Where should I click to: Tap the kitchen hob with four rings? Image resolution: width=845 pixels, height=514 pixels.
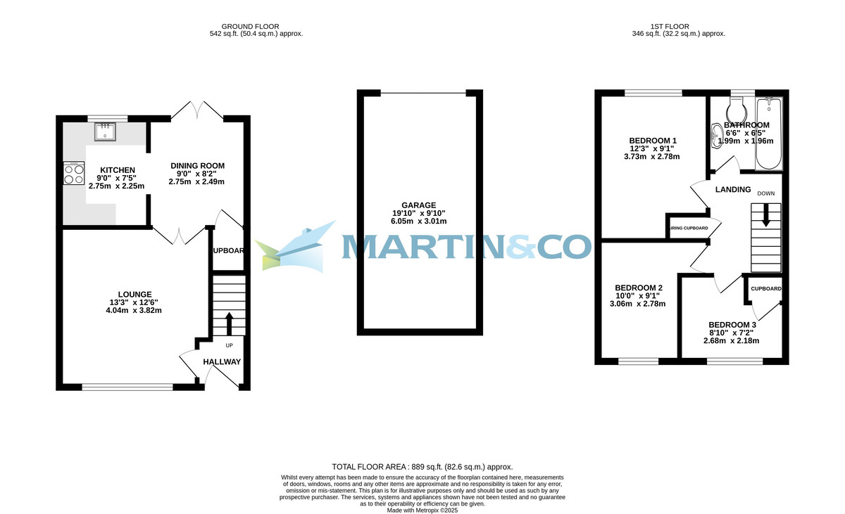click(x=73, y=173)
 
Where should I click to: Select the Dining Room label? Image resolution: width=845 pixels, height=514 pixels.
click(x=197, y=166)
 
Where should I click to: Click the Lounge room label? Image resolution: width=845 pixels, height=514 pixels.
click(x=134, y=295)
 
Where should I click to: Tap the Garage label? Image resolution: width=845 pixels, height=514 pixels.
click(x=419, y=205)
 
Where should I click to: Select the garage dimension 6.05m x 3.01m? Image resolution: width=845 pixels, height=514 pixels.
click(x=419, y=221)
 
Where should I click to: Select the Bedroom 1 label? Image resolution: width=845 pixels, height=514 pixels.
click(x=653, y=141)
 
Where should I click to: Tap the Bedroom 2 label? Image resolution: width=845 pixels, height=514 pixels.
click(x=639, y=288)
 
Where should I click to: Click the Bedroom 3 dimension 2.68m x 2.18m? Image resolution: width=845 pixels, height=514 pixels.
click(x=731, y=341)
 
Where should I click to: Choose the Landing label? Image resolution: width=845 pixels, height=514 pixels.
click(x=733, y=190)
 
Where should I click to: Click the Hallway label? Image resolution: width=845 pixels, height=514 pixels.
click(x=222, y=362)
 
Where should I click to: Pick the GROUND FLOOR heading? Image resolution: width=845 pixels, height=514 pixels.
click(x=256, y=26)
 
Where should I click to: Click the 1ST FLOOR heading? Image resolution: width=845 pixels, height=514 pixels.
click(x=679, y=26)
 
